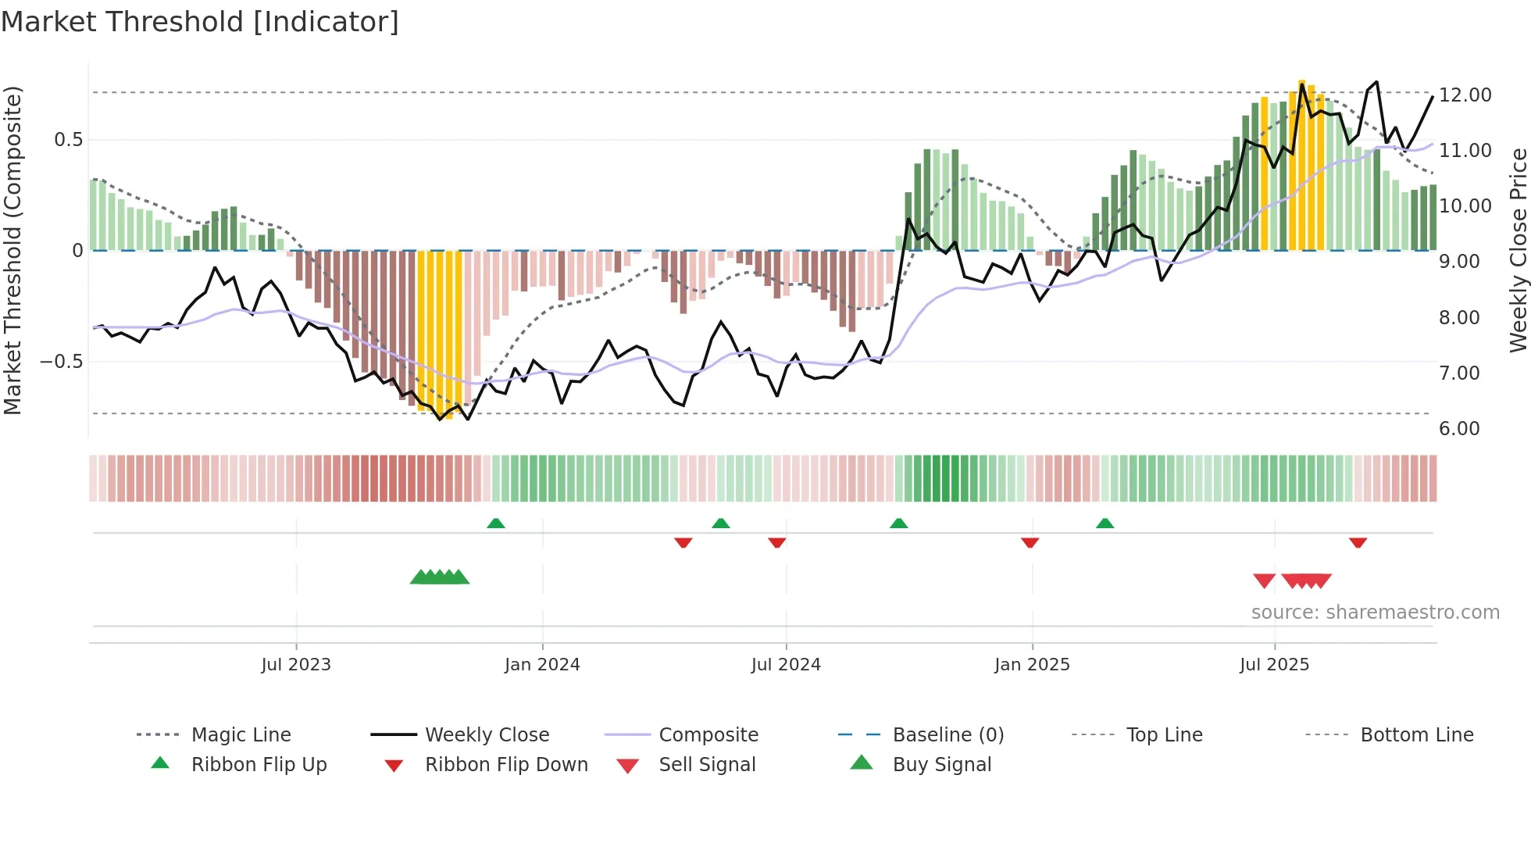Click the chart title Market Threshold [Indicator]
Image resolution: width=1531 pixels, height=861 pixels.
(200, 22)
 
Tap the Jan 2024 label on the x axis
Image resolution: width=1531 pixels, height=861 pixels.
(542, 665)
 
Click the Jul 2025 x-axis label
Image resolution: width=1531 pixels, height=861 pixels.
(1274, 665)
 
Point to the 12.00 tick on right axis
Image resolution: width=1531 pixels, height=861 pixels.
(1465, 95)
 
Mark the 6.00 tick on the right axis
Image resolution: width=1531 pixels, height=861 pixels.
(1459, 429)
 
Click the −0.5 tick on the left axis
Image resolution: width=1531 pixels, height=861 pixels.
(61, 362)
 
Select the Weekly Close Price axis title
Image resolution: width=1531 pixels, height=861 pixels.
(1518, 250)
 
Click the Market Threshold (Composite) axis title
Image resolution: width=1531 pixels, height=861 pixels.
(12, 250)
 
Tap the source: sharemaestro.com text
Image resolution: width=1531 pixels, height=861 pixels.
(1375, 613)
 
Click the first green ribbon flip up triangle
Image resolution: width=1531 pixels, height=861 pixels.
(496, 523)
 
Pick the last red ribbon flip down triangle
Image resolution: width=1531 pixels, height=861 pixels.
(1358, 542)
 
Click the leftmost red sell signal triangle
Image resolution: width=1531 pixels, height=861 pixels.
(1264, 581)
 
